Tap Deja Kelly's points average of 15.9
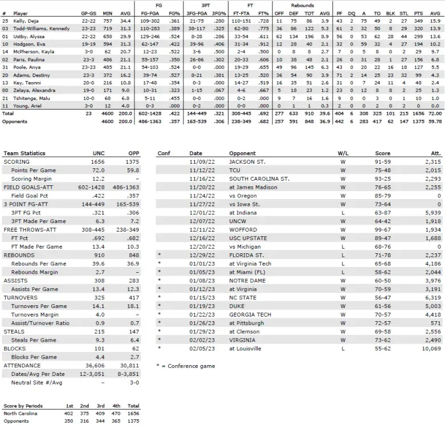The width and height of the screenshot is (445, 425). (436, 20)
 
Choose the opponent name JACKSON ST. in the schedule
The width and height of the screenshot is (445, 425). (248, 161)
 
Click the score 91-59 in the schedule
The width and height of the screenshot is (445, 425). (382, 161)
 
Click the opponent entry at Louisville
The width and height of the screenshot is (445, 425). (247, 348)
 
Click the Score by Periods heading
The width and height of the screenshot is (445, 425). (23, 406)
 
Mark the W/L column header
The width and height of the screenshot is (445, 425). (343, 153)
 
